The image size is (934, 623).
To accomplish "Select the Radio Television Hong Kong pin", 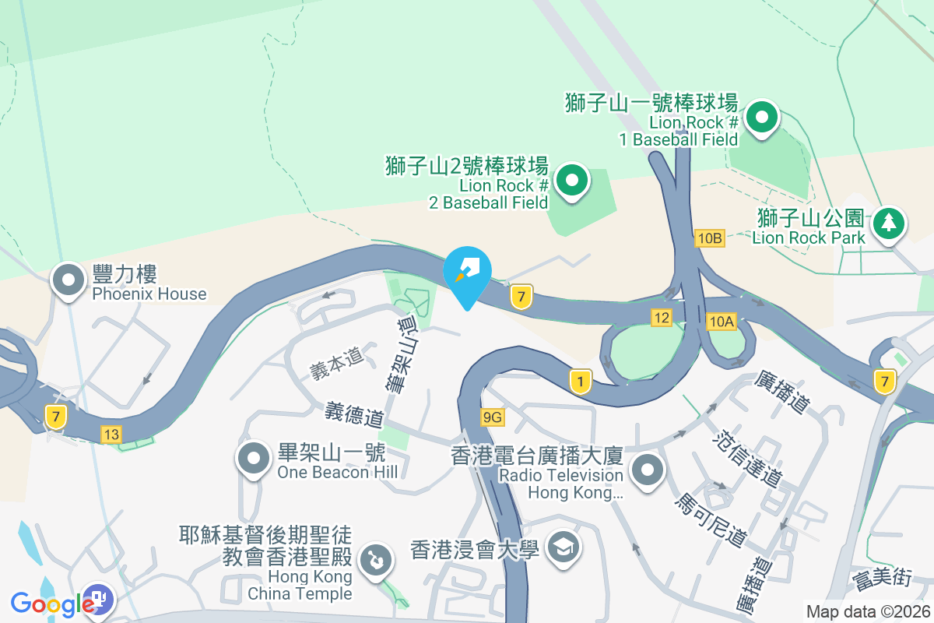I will point(648,470).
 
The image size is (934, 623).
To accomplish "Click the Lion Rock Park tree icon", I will point(888,224).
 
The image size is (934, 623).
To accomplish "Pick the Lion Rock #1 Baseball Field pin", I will point(762,119).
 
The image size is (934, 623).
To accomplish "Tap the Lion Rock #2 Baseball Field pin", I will point(573,181).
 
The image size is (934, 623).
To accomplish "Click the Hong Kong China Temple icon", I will point(375,559).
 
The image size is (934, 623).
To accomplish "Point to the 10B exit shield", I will point(711,238).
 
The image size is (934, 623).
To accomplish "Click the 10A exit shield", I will point(722,321).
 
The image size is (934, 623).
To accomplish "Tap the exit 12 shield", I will point(662,317).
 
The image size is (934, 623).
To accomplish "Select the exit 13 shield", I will point(111,434).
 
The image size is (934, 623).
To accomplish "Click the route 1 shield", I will point(580,381).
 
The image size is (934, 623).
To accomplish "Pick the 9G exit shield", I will point(493,417).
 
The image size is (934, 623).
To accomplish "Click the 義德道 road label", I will point(354,414).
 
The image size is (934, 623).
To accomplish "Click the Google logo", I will point(53,603).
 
